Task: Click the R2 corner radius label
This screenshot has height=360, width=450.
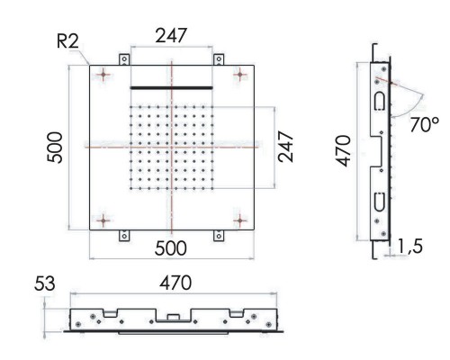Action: click(67, 41)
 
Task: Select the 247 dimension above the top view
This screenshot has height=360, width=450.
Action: click(171, 35)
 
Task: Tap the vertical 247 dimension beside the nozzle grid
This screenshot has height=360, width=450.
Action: click(285, 147)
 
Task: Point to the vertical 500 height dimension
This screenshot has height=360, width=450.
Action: click(55, 148)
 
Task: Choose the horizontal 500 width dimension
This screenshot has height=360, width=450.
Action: click(171, 248)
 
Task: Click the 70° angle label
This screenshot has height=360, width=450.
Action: click(424, 124)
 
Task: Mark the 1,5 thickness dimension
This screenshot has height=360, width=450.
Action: click(410, 246)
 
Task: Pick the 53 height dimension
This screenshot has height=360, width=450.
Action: click(45, 283)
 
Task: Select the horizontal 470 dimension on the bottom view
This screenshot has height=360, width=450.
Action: click(175, 283)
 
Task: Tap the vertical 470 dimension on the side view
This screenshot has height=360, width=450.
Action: click(343, 151)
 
